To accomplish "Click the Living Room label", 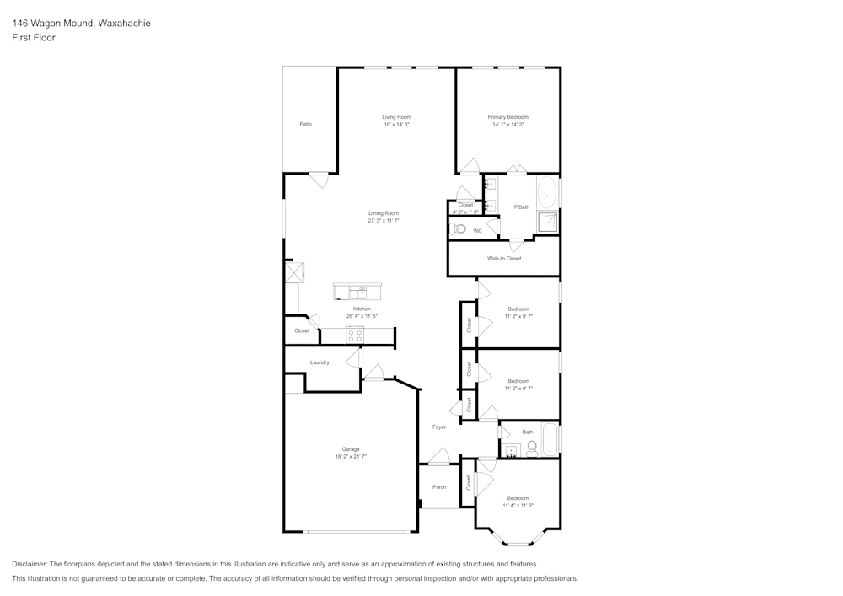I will pos(396,117).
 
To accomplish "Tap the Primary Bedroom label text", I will pos(508,117).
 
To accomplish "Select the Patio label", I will pos(306,124).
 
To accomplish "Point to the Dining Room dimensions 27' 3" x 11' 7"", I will pos(383,221).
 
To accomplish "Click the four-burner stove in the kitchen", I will pos(355,335).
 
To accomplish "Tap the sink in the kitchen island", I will pos(358,293).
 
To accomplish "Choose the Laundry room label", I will pos(319,362).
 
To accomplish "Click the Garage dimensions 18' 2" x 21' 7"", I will pos(351,456).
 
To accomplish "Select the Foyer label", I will pos(439,427).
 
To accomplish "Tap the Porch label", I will pos(439,487).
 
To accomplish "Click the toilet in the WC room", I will pos(459,229).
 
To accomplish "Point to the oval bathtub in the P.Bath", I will pos(548,193).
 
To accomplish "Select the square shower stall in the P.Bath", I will pos(548,222).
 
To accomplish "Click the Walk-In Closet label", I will pos(504,259).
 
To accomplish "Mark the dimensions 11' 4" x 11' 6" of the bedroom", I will pos(518,506).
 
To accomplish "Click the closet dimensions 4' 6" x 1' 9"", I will pos(465,212).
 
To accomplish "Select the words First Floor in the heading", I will pos(34,38).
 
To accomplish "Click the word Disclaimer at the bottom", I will pos(30,564).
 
